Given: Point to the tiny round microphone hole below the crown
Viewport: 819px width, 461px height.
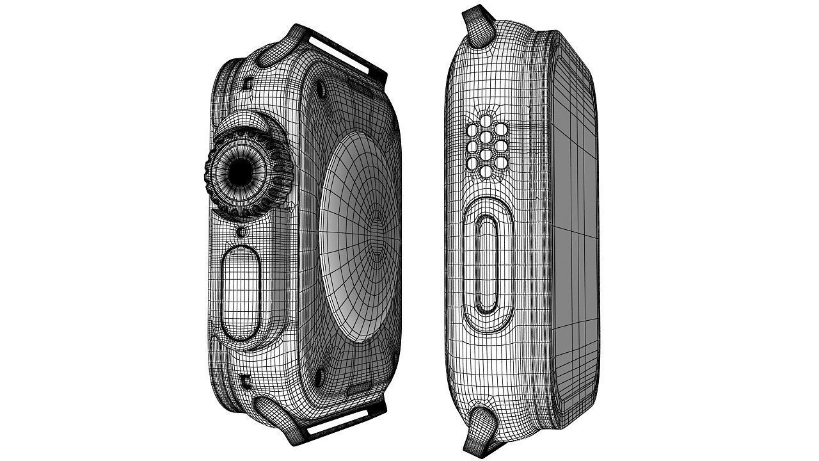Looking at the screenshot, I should (x=241, y=230).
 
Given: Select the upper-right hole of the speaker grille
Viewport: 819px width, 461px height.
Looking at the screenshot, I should (x=501, y=131).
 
